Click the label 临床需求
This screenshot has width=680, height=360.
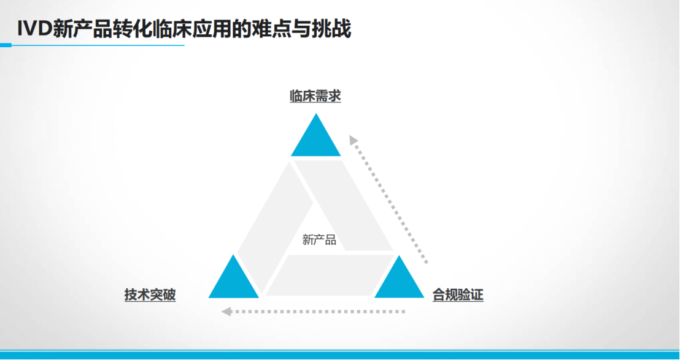(315, 96)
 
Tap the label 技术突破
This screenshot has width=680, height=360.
(150, 295)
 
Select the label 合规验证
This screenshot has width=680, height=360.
(458, 295)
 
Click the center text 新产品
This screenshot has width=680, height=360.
(319, 240)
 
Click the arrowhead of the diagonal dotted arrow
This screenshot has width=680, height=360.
(353, 139)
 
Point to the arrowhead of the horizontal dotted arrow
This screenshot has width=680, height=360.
(226, 311)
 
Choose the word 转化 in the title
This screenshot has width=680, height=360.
(131, 29)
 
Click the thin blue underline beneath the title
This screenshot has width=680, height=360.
(93, 45)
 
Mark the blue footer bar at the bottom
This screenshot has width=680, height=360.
(340, 355)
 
